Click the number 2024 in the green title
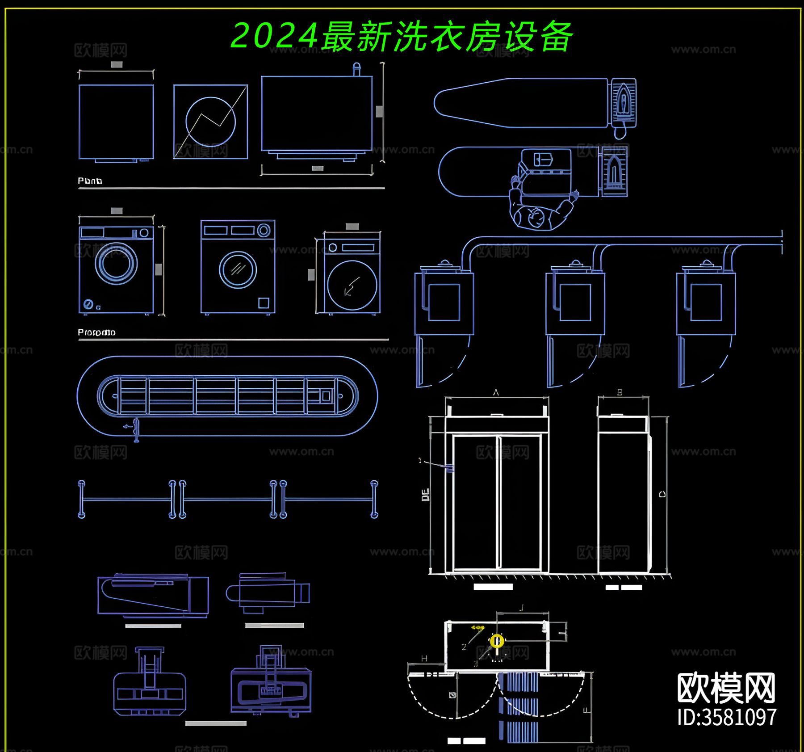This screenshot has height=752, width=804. click(x=274, y=36)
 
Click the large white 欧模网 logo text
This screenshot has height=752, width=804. click(x=726, y=689)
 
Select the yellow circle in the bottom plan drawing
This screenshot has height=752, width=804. click(x=497, y=641)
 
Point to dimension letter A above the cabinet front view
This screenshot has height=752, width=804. click(x=496, y=392)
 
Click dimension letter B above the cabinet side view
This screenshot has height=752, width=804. click(x=620, y=392)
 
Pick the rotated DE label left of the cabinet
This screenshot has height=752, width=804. click(x=425, y=495)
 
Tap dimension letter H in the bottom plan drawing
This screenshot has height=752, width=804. click(x=424, y=658)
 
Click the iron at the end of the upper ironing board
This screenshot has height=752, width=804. click(x=623, y=102)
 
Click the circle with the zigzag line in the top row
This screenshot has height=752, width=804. click(x=210, y=121)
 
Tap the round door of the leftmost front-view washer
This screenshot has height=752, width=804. click(x=116, y=263)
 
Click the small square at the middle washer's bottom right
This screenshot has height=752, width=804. click(x=264, y=303)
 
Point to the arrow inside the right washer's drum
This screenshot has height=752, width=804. click(x=352, y=286)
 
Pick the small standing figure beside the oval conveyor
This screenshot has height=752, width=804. click(x=135, y=429)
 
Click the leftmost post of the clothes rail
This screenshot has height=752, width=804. click(x=81, y=499)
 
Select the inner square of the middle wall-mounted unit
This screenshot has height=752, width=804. click(x=575, y=302)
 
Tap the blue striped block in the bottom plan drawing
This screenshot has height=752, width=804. click(x=518, y=706)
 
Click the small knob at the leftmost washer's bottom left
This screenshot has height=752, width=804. click(x=88, y=304)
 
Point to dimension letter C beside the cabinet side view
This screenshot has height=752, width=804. click(x=662, y=494)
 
